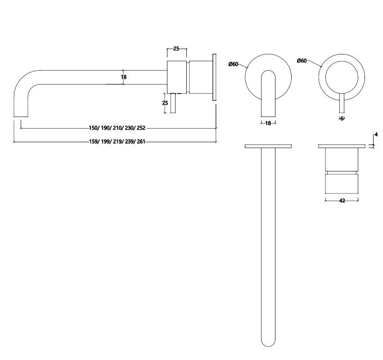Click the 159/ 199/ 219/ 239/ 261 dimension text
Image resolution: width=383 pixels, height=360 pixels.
(x=117, y=142)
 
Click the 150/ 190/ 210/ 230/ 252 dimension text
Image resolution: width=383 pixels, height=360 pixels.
(x=117, y=128)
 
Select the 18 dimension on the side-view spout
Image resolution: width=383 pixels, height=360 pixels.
(x=124, y=77)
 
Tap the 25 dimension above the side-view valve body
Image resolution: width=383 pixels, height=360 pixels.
(x=176, y=48)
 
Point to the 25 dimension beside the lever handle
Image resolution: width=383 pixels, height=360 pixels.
(x=165, y=103)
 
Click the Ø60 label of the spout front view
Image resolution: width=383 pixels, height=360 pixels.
(x=233, y=64)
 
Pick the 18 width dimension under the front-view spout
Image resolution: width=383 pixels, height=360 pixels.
(x=268, y=123)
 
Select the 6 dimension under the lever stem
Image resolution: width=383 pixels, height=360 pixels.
(x=342, y=118)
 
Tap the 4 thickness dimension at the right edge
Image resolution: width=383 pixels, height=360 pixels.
(x=376, y=135)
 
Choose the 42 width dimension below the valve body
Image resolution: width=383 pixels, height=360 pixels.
(x=342, y=201)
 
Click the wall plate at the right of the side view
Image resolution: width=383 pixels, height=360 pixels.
(x=215, y=77)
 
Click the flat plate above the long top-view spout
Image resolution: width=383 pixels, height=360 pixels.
(x=268, y=146)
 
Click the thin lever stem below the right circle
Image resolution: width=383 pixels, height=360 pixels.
(x=342, y=105)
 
